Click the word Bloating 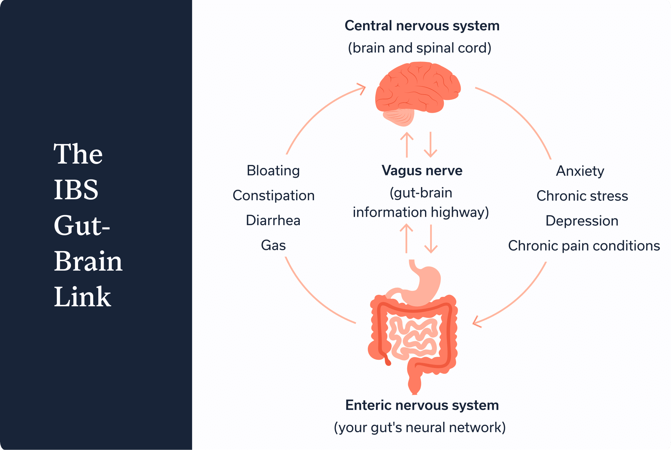pos(273,171)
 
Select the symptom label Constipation pos(274,196)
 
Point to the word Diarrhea pos(273,220)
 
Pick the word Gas pos(273,245)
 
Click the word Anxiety pos(580,171)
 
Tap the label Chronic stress pos(582,196)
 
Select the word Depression pos(582,221)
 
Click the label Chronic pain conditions pos(584,246)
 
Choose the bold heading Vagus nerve pos(422,171)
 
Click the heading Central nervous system pos(422,26)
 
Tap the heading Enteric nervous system pos(422,405)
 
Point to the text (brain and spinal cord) pos(420,48)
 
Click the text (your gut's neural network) pos(420,427)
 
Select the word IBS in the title pos(76,189)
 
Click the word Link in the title pos(82,297)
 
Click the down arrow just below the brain pos(431,144)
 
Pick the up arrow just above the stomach pos(407,238)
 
